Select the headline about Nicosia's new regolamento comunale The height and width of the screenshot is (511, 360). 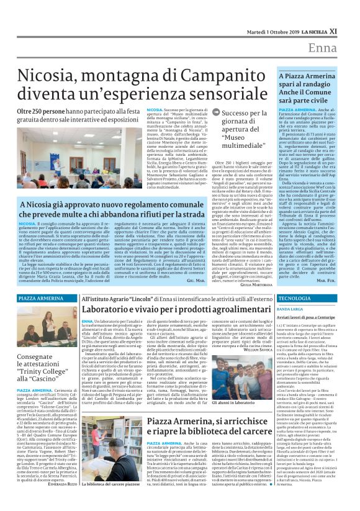[128, 209]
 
